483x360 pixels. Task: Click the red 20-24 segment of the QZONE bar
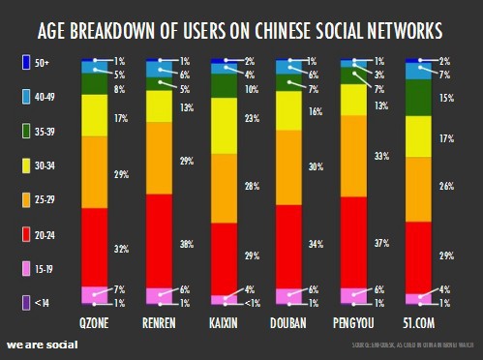click(95, 247)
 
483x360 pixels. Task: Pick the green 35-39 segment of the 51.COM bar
click(419, 97)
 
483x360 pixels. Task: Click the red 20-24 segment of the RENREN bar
click(160, 239)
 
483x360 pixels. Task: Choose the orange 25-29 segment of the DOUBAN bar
click(289, 166)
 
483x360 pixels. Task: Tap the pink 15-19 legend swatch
click(27, 268)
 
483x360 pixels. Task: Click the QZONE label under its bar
click(95, 321)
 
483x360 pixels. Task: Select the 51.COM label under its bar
click(419, 321)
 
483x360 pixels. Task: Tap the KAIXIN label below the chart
click(225, 321)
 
